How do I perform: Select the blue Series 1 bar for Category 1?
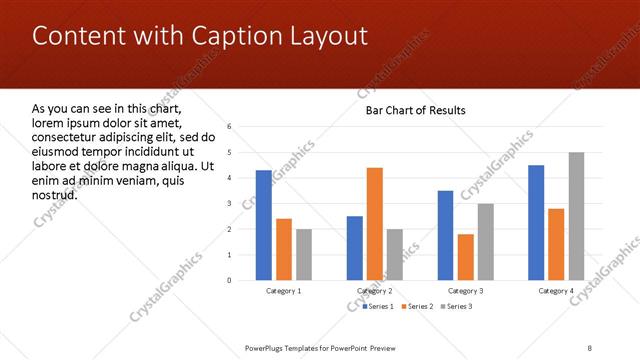[263, 225]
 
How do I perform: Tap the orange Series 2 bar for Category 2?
[375, 224]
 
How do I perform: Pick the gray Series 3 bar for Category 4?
[577, 216]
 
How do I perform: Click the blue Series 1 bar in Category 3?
[445, 235]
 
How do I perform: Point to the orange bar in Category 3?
[466, 257]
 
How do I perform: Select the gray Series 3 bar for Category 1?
[304, 254]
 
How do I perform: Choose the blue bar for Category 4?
[536, 222]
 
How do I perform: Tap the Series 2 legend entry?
[417, 305]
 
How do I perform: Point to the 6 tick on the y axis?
[229, 127]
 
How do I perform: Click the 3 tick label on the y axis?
[229, 204]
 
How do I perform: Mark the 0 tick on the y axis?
[229, 280]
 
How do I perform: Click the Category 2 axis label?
[374, 290]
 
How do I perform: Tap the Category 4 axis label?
[556, 290]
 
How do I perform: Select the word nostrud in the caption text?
[55, 194]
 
